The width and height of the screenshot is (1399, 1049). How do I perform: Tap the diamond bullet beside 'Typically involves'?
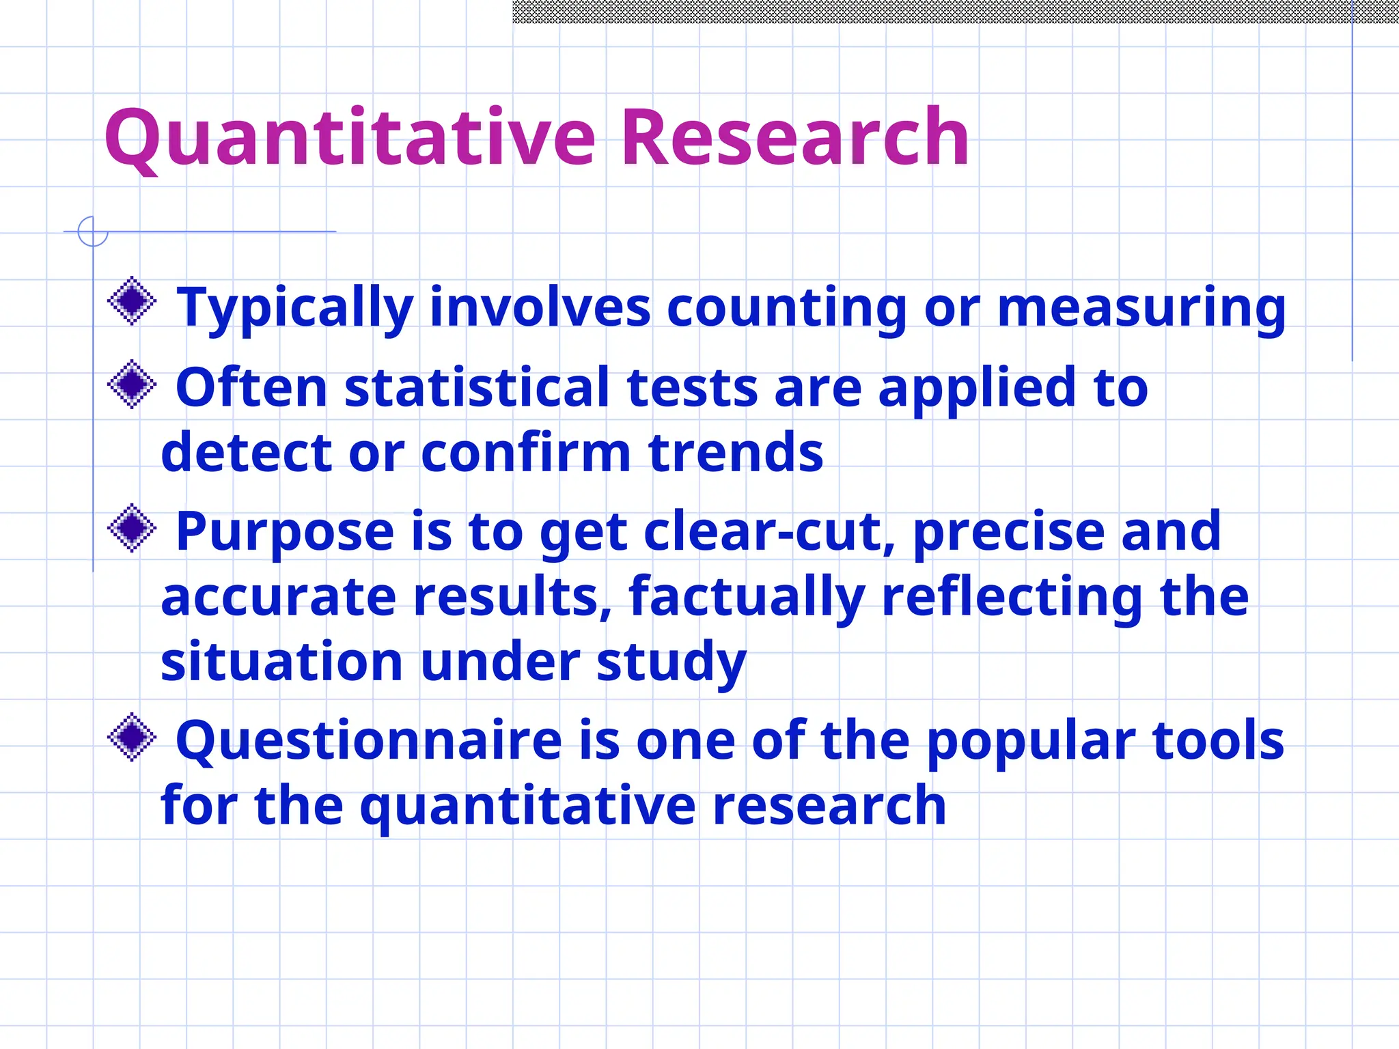(x=132, y=301)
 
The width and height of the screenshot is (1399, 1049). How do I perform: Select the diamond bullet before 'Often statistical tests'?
(x=132, y=384)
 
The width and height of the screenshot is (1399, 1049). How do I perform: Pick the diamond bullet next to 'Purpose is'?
(x=132, y=528)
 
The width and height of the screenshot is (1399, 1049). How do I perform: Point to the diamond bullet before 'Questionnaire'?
(x=132, y=737)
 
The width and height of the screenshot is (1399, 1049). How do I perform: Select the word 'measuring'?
(x=1141, y=308)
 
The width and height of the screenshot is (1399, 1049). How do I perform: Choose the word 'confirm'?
(x=526, y=453)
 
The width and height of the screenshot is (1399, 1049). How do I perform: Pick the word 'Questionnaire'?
(x=369, y=741)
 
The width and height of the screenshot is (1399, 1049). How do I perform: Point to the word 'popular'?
(x=1031, y=741)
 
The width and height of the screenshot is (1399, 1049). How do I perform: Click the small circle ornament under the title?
(x=93, y=232)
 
